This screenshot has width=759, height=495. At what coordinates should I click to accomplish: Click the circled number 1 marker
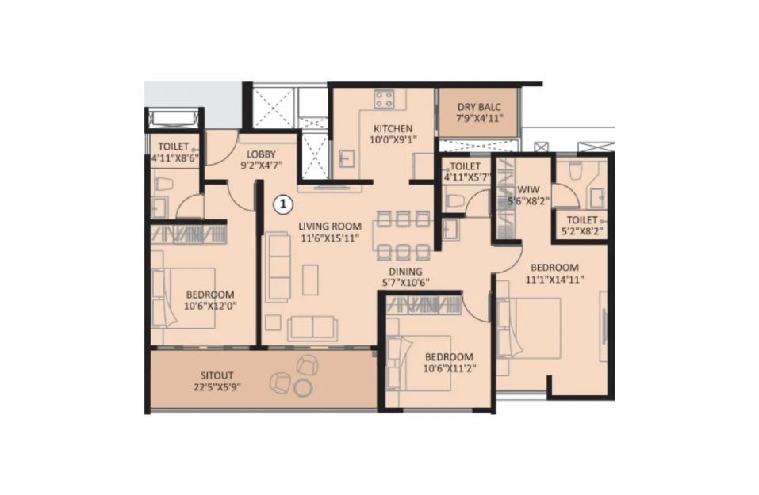coord(283,204)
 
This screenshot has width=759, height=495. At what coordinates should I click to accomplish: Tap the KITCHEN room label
coord(393,128)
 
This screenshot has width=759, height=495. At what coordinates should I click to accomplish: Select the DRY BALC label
coord(479,107)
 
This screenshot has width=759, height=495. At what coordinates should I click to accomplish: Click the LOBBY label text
coord(261,154)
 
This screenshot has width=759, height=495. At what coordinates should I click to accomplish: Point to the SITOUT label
coord(217,375)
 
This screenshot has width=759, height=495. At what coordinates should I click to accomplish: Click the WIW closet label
coord(528,189)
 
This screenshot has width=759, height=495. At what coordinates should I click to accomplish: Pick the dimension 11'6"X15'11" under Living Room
coord(330,238)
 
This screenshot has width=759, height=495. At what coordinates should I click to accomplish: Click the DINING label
coord(405,272)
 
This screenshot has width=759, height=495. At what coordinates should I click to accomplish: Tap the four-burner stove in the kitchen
coord(384,100)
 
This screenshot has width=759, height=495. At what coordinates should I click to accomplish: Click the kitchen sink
coord(347,158)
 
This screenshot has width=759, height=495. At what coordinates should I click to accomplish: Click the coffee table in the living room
coord(310,280)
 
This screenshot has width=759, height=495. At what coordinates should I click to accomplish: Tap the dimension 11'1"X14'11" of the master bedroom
coord(554,279)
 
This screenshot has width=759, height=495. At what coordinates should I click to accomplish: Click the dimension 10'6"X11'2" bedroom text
coord(449,369)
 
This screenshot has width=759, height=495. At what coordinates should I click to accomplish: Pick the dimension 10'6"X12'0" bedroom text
coord(210,306)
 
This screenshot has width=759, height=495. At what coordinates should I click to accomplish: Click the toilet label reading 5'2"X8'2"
coord(582,231)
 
